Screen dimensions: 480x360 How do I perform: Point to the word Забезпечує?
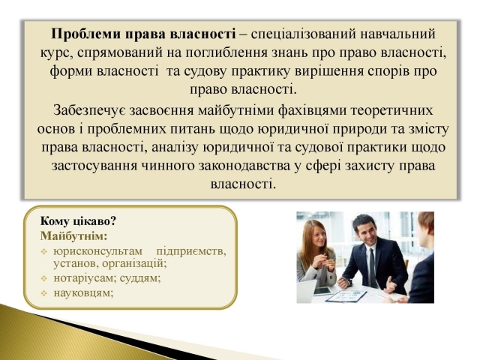pos(89,110)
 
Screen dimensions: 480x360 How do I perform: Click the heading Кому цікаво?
pos(78,221)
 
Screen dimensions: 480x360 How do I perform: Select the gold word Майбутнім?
pos(73,236)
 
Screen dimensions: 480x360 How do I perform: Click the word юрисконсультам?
pos(98,251)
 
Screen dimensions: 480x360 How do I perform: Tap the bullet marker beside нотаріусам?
pos(44,278)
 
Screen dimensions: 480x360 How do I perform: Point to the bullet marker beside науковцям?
pos(44,293)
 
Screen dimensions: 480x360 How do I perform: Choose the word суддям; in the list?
pos(140,278)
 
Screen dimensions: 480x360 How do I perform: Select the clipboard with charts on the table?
pos(346,295)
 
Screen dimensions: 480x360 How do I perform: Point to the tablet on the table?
pos(322,290)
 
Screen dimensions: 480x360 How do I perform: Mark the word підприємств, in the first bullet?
pos(191,252)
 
